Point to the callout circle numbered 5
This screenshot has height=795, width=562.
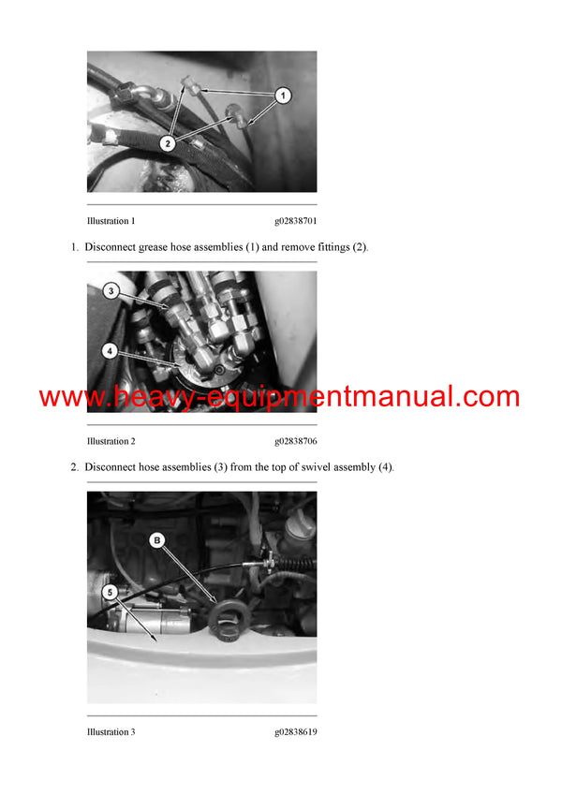[x=110, y=592]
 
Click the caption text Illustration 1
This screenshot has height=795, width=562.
[x=111, y=222]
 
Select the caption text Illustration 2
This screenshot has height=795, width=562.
[x=111, y=441]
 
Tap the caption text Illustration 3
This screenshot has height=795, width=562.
[x=111, y=731]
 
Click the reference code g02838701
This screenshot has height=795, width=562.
[x=295, y=222]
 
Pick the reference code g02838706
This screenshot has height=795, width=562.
[x=295, y=441]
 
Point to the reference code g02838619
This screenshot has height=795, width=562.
[x=295, y=731]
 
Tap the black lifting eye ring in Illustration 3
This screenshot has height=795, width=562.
[x=225, y=618]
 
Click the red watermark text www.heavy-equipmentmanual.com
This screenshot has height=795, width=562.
[x=279, y=397]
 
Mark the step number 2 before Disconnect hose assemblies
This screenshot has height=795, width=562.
[x=73, y=466]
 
